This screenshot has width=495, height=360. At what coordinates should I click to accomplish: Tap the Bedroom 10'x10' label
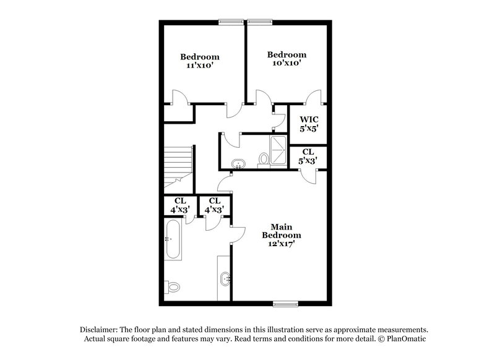click(x=286, y=59)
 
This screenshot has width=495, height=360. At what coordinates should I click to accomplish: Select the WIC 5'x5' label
click(x=309, y=124)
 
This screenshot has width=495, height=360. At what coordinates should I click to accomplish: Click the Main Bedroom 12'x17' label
click(x=282, y=236)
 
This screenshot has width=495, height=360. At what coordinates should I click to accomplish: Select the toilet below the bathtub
click(x=173, y=286)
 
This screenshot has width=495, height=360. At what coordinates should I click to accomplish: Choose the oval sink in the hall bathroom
click(x=238, y=164)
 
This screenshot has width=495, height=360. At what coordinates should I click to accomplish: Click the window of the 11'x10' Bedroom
click(x=231, y=22)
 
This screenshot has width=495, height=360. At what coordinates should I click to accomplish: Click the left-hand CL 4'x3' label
click(x=180, y=205)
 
